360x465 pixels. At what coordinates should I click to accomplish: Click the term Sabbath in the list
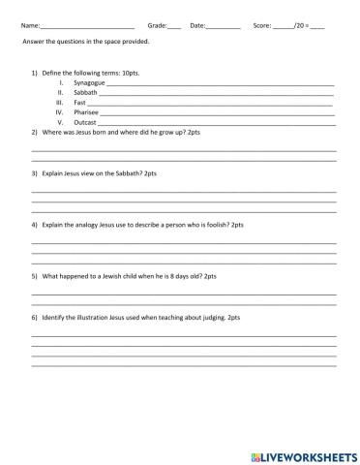click(85, 93)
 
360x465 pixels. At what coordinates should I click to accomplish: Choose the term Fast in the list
click(80, 103)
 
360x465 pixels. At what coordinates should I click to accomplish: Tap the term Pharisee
click(86, 112)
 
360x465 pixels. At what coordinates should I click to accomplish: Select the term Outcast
click(85, 122)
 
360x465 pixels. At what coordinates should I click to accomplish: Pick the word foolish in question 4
click(204, 224)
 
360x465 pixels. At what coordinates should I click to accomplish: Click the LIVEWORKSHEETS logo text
click(308, 454)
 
